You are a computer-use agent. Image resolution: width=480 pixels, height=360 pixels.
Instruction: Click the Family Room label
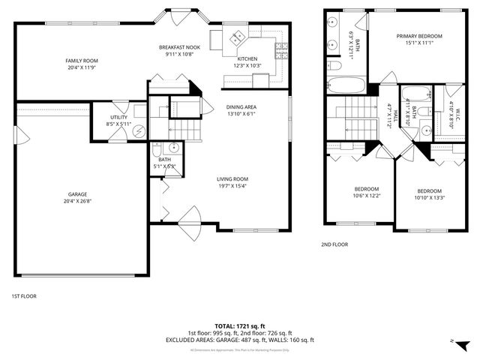click(x=82, y=61)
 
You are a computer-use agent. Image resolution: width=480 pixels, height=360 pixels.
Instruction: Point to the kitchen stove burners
click(x=283, y=50)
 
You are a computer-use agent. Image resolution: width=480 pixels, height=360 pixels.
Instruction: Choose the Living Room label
click(x=232, y=178)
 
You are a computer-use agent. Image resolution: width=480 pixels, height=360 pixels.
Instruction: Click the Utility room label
click(x=118, y=117)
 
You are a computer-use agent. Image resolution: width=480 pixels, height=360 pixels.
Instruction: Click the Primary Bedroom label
click(x=419, y=36)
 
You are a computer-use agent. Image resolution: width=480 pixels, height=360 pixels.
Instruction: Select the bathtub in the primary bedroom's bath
click(x=346, y=85)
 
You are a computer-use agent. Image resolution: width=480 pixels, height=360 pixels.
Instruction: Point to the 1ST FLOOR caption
click(x=23, y=295)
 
